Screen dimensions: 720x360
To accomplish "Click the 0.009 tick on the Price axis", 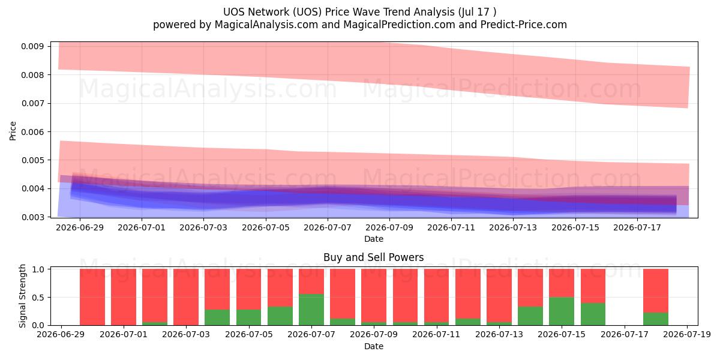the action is [32, 46].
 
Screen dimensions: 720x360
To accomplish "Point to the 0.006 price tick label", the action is [32, 132].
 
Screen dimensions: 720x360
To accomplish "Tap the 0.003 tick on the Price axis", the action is [32, 217].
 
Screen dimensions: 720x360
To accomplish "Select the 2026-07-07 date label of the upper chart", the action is [328, 227].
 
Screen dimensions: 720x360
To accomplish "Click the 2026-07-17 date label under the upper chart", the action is [637, 227].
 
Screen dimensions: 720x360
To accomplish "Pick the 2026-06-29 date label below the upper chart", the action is [80, 227].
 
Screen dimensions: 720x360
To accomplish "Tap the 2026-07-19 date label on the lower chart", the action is [687, 334].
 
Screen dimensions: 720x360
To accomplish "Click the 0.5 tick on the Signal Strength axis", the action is [38, 298].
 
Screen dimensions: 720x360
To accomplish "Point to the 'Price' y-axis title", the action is [13, 131].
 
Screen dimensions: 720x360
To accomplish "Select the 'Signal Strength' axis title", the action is [22, 296].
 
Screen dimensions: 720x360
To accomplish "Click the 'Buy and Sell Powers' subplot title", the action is [373, 257].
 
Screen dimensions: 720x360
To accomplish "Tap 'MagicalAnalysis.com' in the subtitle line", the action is [266, 25].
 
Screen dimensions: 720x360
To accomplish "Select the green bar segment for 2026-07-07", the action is [311, 310].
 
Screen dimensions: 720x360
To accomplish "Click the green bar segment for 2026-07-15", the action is [561, 311].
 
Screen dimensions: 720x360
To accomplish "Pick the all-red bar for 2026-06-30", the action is [92, 297].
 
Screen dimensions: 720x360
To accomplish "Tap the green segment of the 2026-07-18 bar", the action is [656, 319].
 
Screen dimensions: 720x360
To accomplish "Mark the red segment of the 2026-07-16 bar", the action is [593, 286].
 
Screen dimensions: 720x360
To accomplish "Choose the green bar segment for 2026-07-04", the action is [217, 317].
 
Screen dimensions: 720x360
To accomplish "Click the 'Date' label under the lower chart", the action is [373, 347].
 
